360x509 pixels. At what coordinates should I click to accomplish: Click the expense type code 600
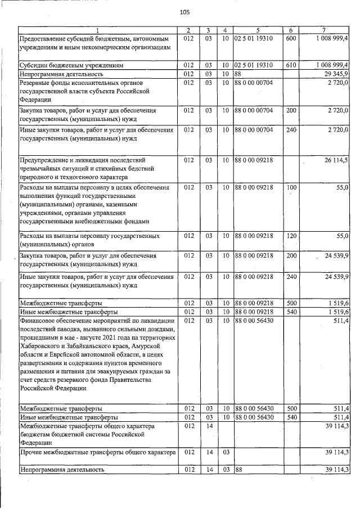click(x=291, y=38)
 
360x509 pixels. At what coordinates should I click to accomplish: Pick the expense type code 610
click(x=291, y=65)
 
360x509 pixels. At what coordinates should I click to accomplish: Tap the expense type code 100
click(x=291, y=187)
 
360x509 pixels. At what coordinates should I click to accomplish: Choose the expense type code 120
click(x=291, y=236)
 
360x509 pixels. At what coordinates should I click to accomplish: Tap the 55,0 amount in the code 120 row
click(x=339, y=236)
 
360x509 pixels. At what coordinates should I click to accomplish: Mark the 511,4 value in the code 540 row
click(x=339, y=417)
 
